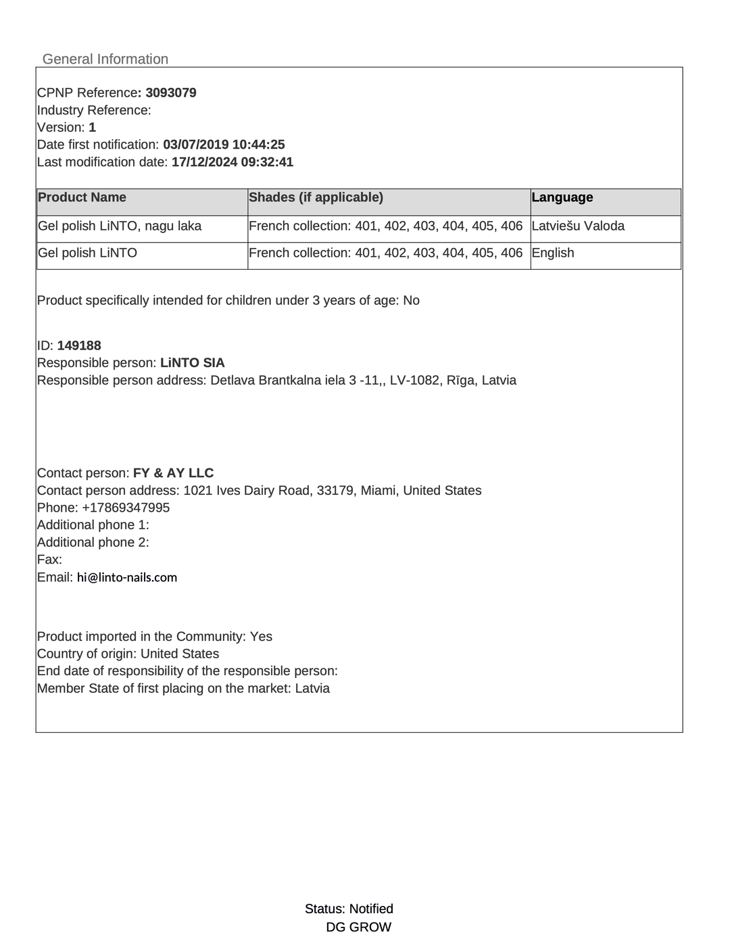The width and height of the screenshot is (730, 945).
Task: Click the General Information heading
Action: tap(105, 59)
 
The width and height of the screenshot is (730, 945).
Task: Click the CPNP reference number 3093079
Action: tap(171, 93)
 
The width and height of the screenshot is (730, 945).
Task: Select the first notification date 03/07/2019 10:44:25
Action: tap(224, 145)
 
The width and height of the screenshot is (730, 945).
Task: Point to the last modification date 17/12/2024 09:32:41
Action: tap(233, 162)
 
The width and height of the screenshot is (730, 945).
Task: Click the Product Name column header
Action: tap(82, 197)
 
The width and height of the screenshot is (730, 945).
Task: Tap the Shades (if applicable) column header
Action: tap(316, 197)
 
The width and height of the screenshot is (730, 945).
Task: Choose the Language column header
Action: tap(562, 197)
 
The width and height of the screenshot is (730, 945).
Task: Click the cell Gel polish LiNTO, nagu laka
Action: tap(120, 226)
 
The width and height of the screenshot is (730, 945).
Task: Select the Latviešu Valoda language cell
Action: tap(578, 226)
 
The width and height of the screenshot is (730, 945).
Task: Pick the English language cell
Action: tap(553, 253)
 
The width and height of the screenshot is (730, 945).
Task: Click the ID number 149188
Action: tap(79, 345)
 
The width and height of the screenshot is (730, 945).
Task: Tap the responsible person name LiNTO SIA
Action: tap(193, 363)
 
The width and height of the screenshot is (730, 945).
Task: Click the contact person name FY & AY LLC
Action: tap(173, 473)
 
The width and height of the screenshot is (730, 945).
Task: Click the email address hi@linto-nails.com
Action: tap(127, 577)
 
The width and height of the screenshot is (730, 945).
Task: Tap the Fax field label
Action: tap(49, 560)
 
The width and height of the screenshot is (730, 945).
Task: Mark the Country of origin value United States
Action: tap(180, 654)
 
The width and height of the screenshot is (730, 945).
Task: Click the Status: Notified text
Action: tap(349, 908)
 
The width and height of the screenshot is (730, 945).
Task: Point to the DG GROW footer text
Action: tap(358, 927)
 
